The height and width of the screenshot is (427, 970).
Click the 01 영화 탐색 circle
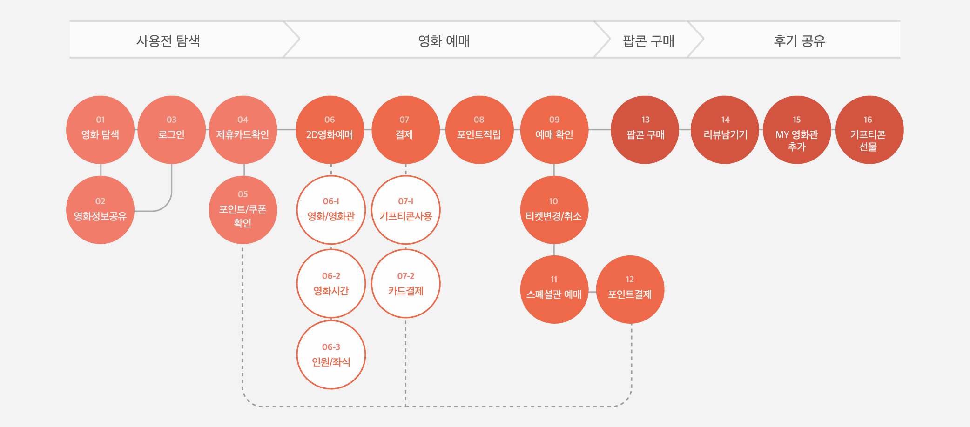pyautogui.click(x=100, y=130)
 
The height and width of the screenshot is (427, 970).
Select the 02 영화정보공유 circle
pyautogui.click(x=100, y=210)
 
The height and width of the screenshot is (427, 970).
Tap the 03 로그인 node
pyautogui.click(x=171, y=130)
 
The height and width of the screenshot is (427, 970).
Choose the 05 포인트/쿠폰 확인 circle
pyautogui.click(x=242, y=210)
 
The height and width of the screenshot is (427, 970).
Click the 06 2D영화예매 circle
pyautogui.click(x=330, y=130)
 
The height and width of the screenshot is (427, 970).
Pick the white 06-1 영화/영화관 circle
pyautogui.click(x=331, y=210)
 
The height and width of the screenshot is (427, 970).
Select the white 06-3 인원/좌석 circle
pyautogui.click(x=331, y=355)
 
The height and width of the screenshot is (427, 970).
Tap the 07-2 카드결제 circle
pyautogui.click(x=405, y=284)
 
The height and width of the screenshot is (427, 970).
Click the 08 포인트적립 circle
pyautogui.click(x=479, y=130)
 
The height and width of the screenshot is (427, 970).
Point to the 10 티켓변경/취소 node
pyautogui.click(x=553, y=210)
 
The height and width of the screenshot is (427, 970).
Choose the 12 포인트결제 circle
pyautogui.click(x=630, y=289)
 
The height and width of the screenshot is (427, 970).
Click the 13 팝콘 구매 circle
pyautogui.click(x=645, y=130)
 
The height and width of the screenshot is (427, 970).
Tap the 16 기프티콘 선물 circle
pyautogui.click(x=868, y=130)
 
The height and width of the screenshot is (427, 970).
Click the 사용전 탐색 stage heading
pyautogui.click(x=168, y=41)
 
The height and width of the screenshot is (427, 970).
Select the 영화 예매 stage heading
pyautogui.click(x=444, y=41)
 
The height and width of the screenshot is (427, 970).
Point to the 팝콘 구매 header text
pyautogui.click(x=648, y=41)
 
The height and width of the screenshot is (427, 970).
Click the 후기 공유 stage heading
pyautogui.click(x=799, y=41)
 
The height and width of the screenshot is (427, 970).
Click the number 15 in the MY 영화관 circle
pyautogui.click(x=796, y=120)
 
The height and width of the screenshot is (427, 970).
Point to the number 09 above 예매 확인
pyautogui.click(x=554, y=120)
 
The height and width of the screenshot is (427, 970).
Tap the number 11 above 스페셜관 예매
pyautogui.click(x=554, y=279)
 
